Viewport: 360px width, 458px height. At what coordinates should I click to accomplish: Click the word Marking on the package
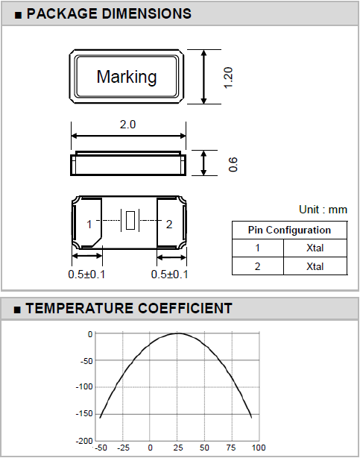coord(127,77)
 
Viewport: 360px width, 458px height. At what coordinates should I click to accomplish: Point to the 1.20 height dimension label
coord(228,78)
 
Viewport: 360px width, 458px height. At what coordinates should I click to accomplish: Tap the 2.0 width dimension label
coord(128,125)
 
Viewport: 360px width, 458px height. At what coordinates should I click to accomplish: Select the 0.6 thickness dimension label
coord(233,164)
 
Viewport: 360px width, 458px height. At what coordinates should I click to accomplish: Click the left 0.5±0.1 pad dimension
coord(86,275)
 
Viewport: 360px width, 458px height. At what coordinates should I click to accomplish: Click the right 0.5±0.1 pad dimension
coord(169,275)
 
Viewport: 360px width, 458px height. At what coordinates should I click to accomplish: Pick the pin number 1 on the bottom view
coord(89,225)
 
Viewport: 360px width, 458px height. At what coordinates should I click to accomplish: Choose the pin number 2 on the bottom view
coord(169,225)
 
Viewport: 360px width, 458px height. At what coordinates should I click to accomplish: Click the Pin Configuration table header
coord(289,230)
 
